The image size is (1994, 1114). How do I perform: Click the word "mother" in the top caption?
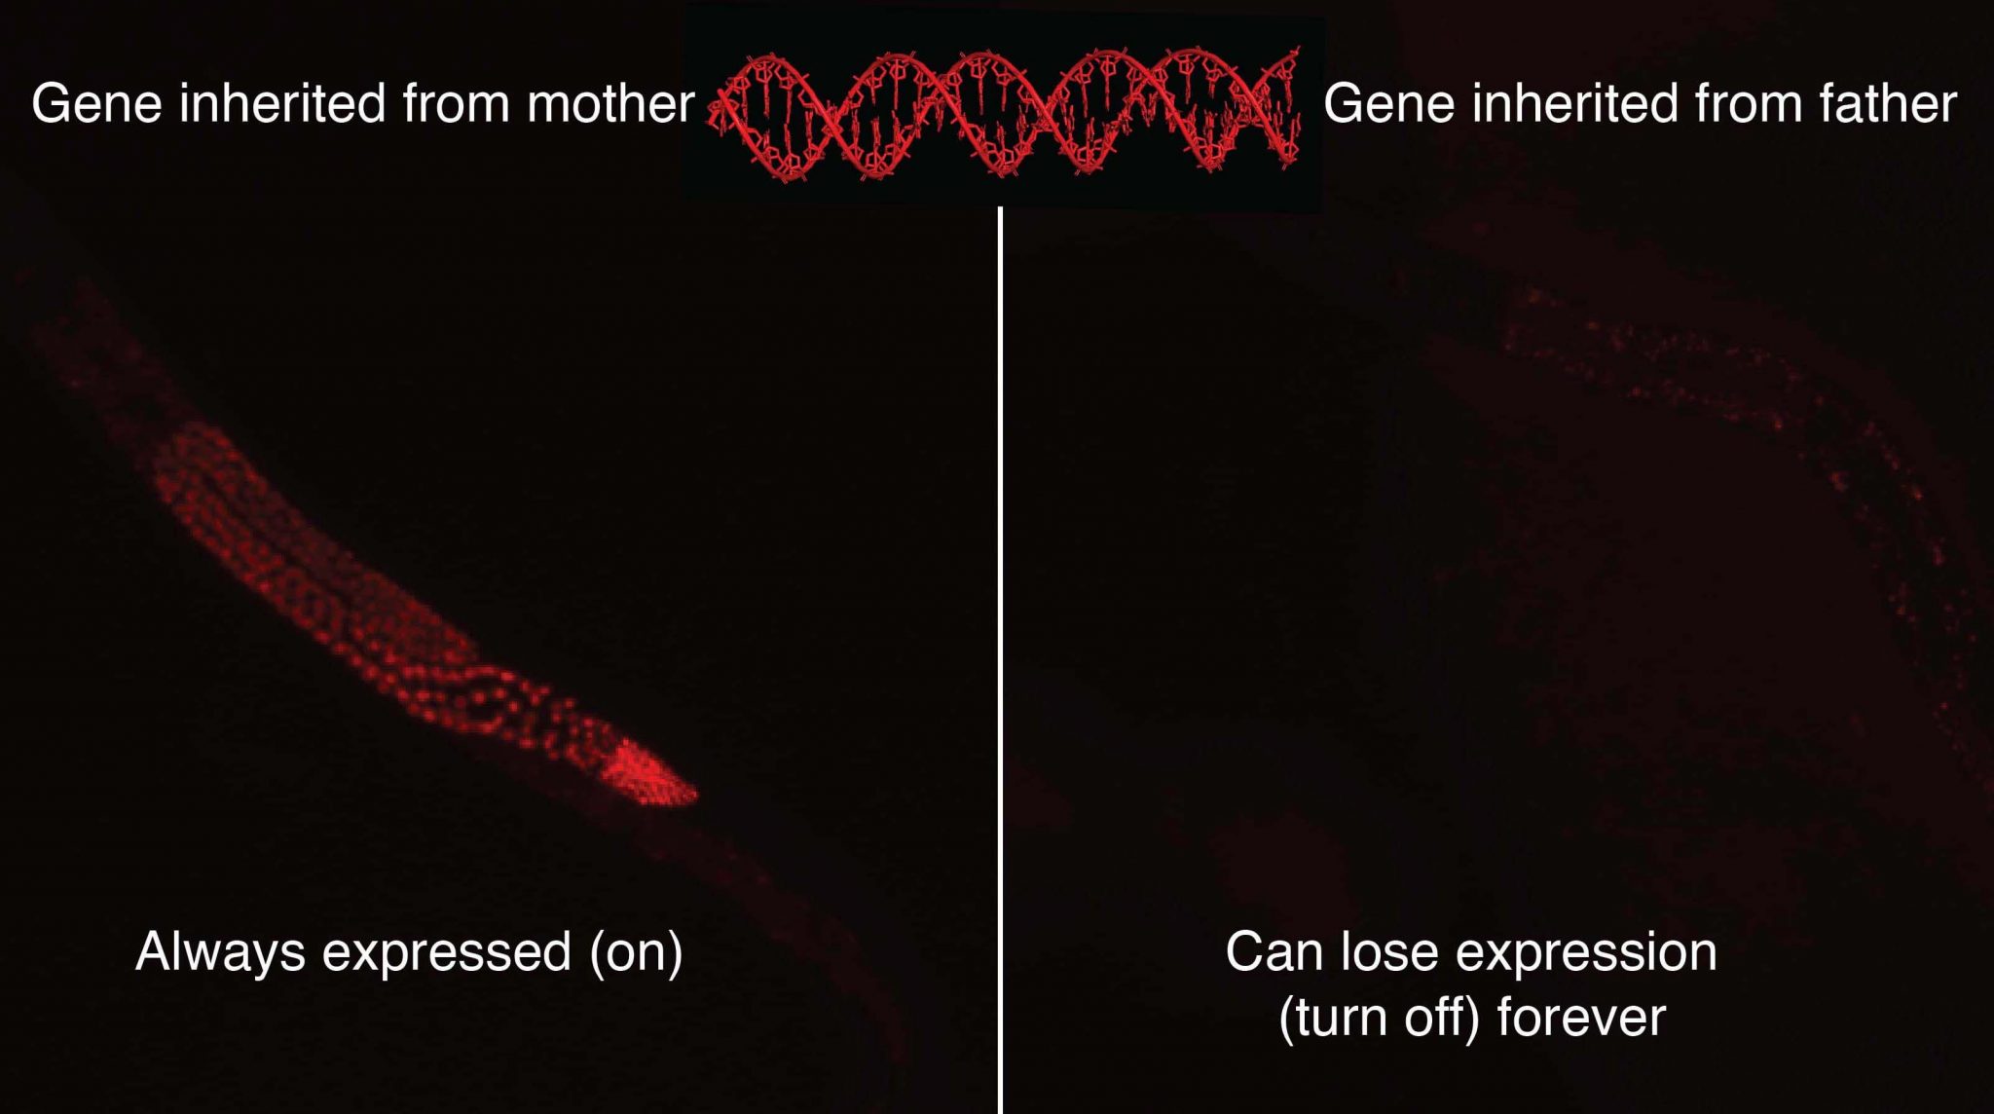coord(610,103)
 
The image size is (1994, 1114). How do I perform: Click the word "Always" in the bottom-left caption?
coord(220,952)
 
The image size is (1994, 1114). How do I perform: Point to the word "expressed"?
coord(447,952)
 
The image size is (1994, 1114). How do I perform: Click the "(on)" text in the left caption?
coord(636,952)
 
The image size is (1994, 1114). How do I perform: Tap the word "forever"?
coord(1581,1018)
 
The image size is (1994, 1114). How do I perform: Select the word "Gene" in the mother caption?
coord(96,103)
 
